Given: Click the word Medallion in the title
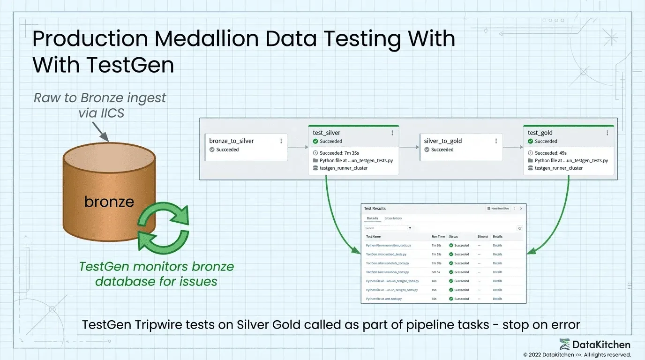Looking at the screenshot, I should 206,38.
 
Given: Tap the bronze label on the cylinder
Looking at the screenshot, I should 109,202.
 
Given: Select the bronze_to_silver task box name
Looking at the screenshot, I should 232,141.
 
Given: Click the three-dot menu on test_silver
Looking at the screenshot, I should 392,133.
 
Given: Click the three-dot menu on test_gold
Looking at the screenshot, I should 607,133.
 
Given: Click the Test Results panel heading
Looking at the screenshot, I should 375,209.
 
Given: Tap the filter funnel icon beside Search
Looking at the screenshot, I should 410,228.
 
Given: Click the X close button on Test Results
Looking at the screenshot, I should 521,209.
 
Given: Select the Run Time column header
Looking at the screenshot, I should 438,237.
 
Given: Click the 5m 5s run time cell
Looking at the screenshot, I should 436,272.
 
